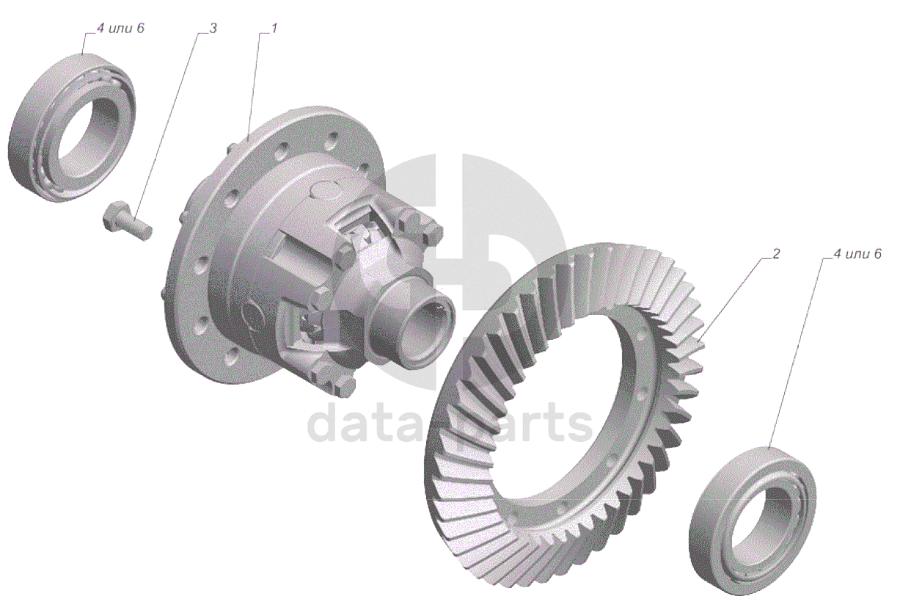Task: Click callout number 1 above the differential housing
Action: coord(274,29)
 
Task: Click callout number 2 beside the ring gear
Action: coord(776,254)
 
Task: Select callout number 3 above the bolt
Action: coord(213,29)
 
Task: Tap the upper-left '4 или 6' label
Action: coord(120,29)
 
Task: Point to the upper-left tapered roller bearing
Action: coord(73,128)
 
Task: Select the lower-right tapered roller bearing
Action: coord(752,515)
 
